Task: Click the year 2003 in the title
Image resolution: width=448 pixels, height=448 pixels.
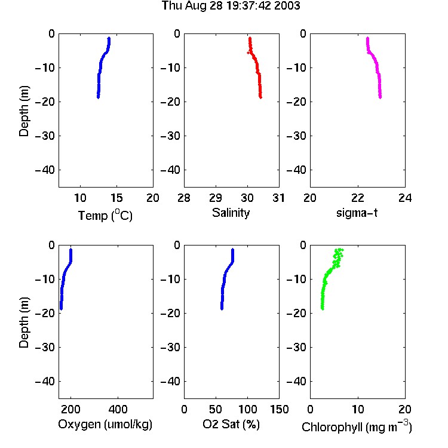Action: click(287, 6)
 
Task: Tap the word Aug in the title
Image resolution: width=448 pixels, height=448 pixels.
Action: click(196, 7)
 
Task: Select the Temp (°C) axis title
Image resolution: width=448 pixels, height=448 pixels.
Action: click(105, 216)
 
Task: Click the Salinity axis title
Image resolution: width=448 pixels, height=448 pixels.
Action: click(231, 213)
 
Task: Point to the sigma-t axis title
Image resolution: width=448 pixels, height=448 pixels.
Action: click(357, 213)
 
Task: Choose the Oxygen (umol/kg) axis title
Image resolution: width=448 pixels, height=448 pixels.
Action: click(105, 425)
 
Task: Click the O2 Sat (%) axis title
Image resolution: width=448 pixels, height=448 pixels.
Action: click(231, 425)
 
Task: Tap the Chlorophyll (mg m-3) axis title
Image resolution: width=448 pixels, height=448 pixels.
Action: click(357, 426)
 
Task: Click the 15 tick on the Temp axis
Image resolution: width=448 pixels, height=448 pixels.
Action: click(116, 198)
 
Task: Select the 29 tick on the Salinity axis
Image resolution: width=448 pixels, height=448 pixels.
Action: click(216, 198)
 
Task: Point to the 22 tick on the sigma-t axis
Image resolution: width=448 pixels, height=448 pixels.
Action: click(357, 198)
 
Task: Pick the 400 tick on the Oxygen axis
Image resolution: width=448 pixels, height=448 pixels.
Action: click(118, 409)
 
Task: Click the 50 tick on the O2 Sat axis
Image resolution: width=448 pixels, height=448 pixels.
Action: click(216, 409)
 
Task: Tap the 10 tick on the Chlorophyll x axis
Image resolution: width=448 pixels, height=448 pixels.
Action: click(357, 409)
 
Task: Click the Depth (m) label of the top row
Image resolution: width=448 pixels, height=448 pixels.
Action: click(24, 111)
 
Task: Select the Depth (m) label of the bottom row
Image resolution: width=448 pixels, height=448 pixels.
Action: click(24, 323)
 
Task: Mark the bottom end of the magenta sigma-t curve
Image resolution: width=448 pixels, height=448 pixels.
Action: click(381, 97)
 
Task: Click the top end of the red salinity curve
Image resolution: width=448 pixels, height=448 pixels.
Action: click(250, 38)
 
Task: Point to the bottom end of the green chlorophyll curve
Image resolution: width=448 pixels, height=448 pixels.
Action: click(323, 309)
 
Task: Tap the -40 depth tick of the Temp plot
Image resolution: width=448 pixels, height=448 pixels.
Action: click(45, 170)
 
